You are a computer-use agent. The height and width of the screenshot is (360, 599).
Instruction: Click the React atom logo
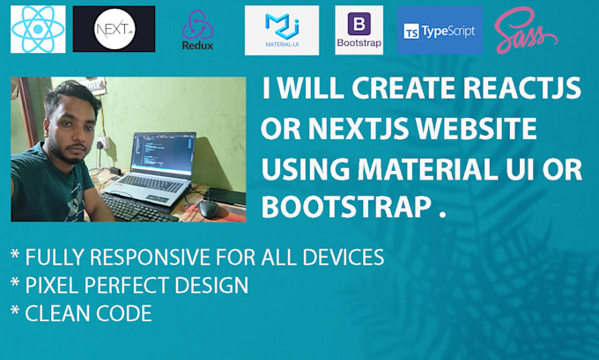coord(38,28)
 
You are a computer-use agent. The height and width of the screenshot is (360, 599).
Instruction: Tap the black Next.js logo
coord(114,28)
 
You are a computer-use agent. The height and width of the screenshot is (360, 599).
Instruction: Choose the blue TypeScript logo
coord(440,31)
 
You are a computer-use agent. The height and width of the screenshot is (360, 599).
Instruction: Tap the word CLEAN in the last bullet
coord(55,312)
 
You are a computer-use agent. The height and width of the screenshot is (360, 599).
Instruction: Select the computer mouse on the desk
coord(209,208)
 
